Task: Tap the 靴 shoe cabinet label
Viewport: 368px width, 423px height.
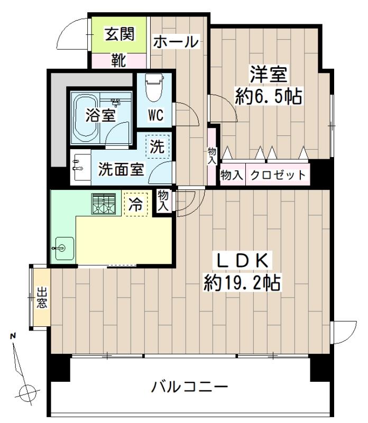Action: [118, 60]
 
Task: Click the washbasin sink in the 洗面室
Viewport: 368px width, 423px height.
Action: [79, 165]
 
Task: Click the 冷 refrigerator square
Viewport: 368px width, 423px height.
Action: [135, 205]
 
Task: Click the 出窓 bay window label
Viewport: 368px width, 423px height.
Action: [42, 298]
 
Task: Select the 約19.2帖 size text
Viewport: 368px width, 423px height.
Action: [243, 283]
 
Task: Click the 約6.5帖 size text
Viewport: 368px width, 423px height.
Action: [268, 97]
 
